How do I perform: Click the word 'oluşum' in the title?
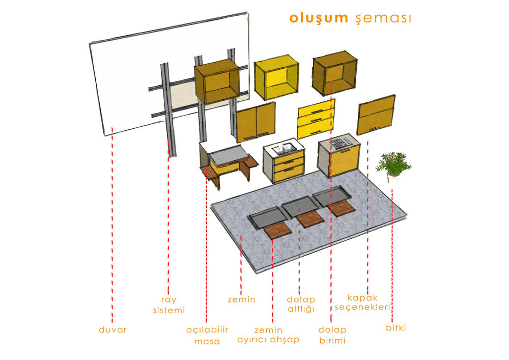(318, 18)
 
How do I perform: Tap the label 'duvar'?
(112, 329)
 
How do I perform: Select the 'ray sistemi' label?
(169, 304)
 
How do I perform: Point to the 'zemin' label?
(241, 299)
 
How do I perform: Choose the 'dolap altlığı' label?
(301, 304)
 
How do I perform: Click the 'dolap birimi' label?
(332, 335)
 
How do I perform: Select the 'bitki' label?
(395, 328)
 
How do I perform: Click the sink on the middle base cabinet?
(284, 149)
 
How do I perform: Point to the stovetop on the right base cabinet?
(340, 143)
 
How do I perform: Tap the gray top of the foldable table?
(229, 156)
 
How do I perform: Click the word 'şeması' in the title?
(382, 18)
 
